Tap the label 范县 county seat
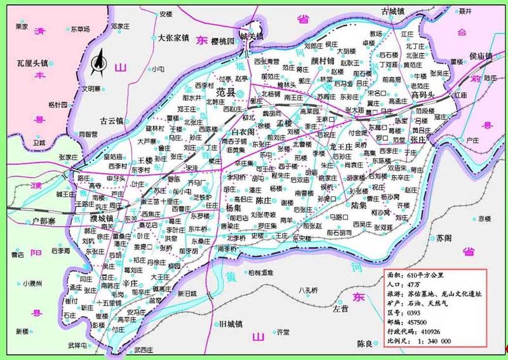(226, 93)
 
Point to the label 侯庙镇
(481, 57)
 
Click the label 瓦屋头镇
(32, 63)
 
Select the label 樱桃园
(225, 40)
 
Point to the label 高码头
(422, 95)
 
